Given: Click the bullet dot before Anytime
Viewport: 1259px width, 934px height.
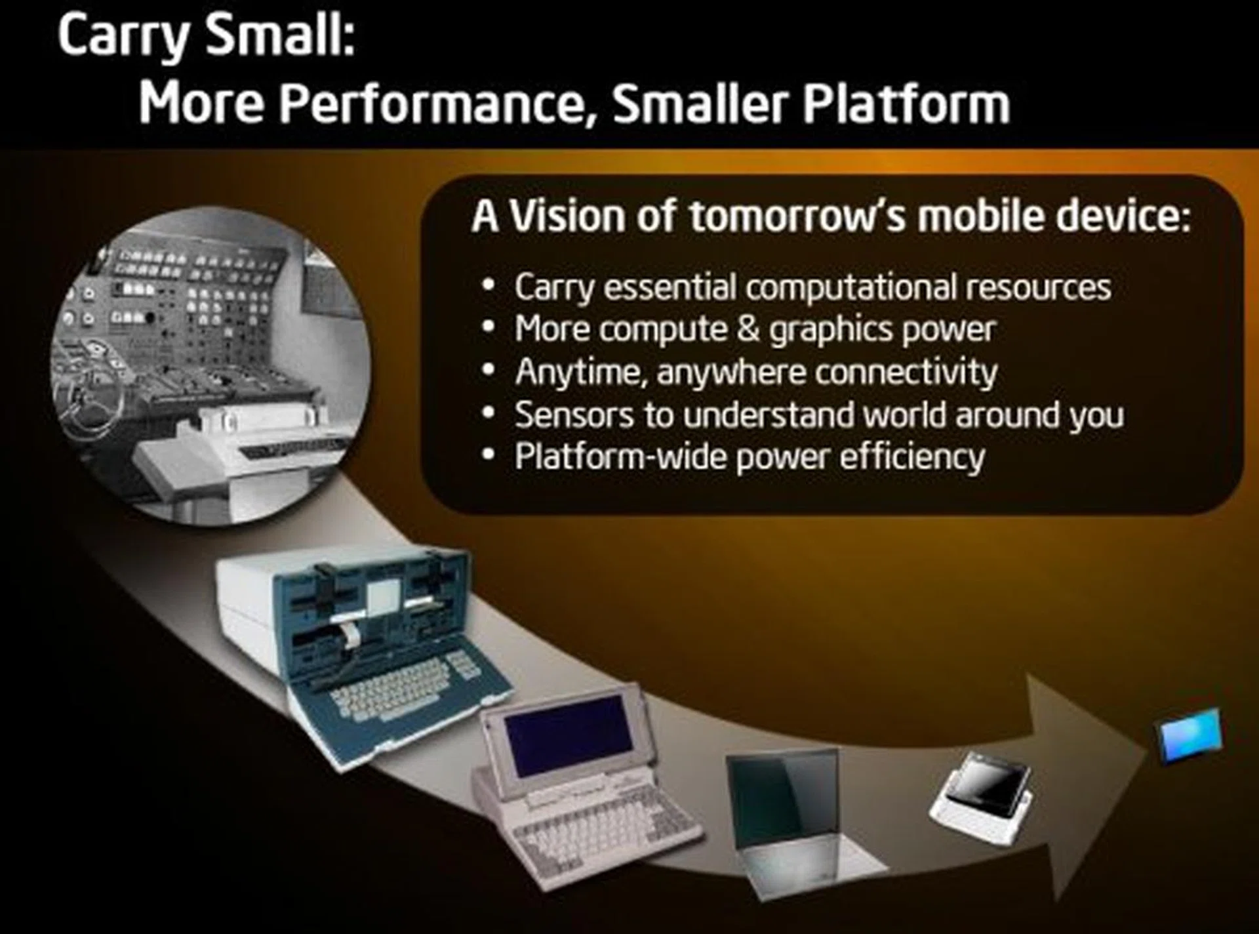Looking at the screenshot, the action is pyautogui.click(x=487, y=371).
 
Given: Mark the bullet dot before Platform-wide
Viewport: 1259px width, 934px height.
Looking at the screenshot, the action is pyautogui.click(x=487, y=455).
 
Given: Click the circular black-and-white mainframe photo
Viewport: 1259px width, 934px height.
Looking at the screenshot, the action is pyautogui.click(x=211, y=365).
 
